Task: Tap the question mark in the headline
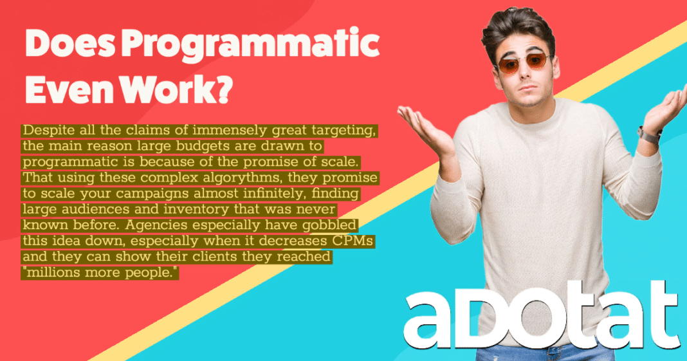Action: click(223, 89)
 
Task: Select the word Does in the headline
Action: click(70, 44)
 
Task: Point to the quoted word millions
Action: click(52, 272)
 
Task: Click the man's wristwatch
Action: click(648, 135)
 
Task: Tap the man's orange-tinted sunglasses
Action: click(522, 64)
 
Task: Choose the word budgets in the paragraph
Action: click(201, 146)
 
